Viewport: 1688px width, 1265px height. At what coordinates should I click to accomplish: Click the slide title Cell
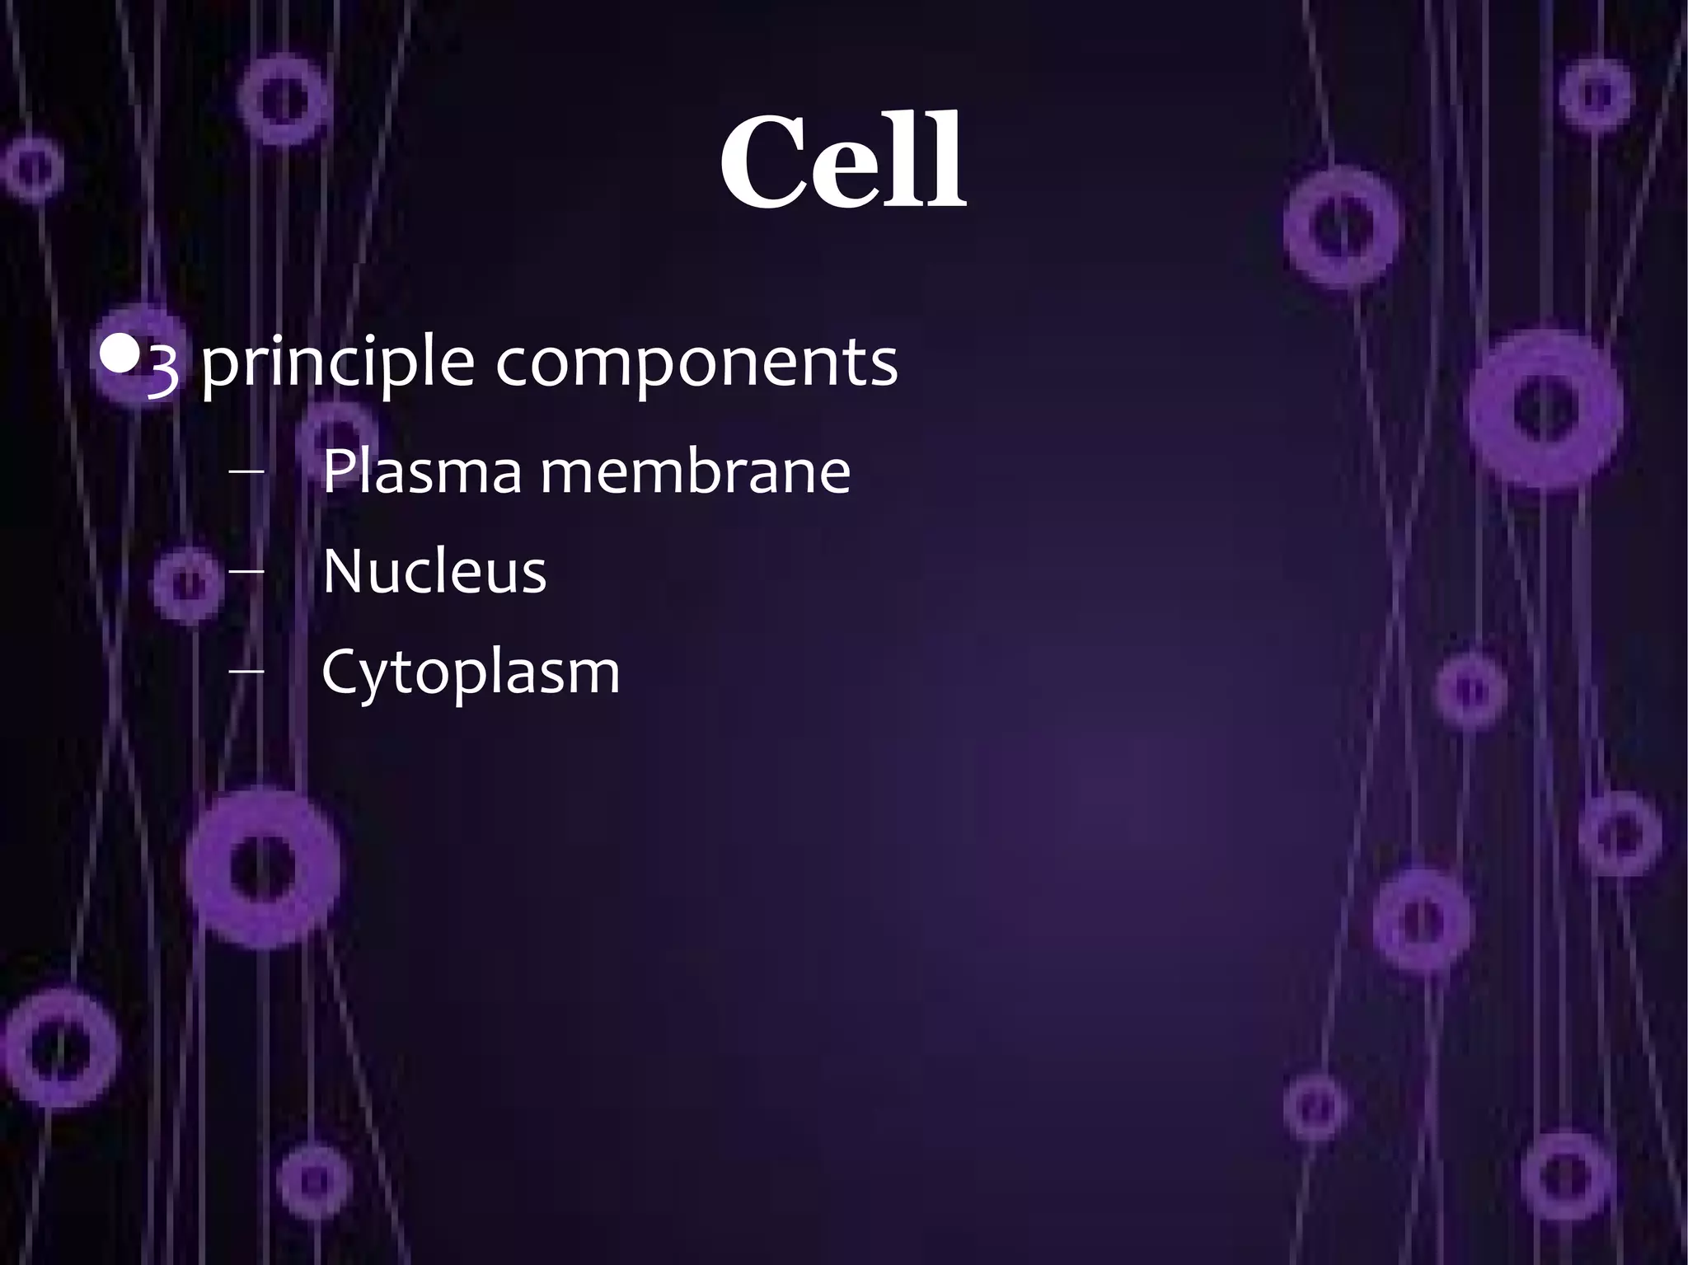843,162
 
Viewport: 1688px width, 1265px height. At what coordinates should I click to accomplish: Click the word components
696,363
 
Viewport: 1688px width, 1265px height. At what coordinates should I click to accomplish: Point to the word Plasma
421,471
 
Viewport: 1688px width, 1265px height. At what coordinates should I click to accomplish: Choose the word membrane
695,471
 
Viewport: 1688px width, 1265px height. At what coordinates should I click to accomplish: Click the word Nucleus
434,571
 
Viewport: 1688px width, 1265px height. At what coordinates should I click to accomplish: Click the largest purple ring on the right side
1545,410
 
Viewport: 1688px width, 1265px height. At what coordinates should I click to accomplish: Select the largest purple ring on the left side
263,867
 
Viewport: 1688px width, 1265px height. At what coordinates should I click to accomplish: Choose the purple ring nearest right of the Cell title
1341,226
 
